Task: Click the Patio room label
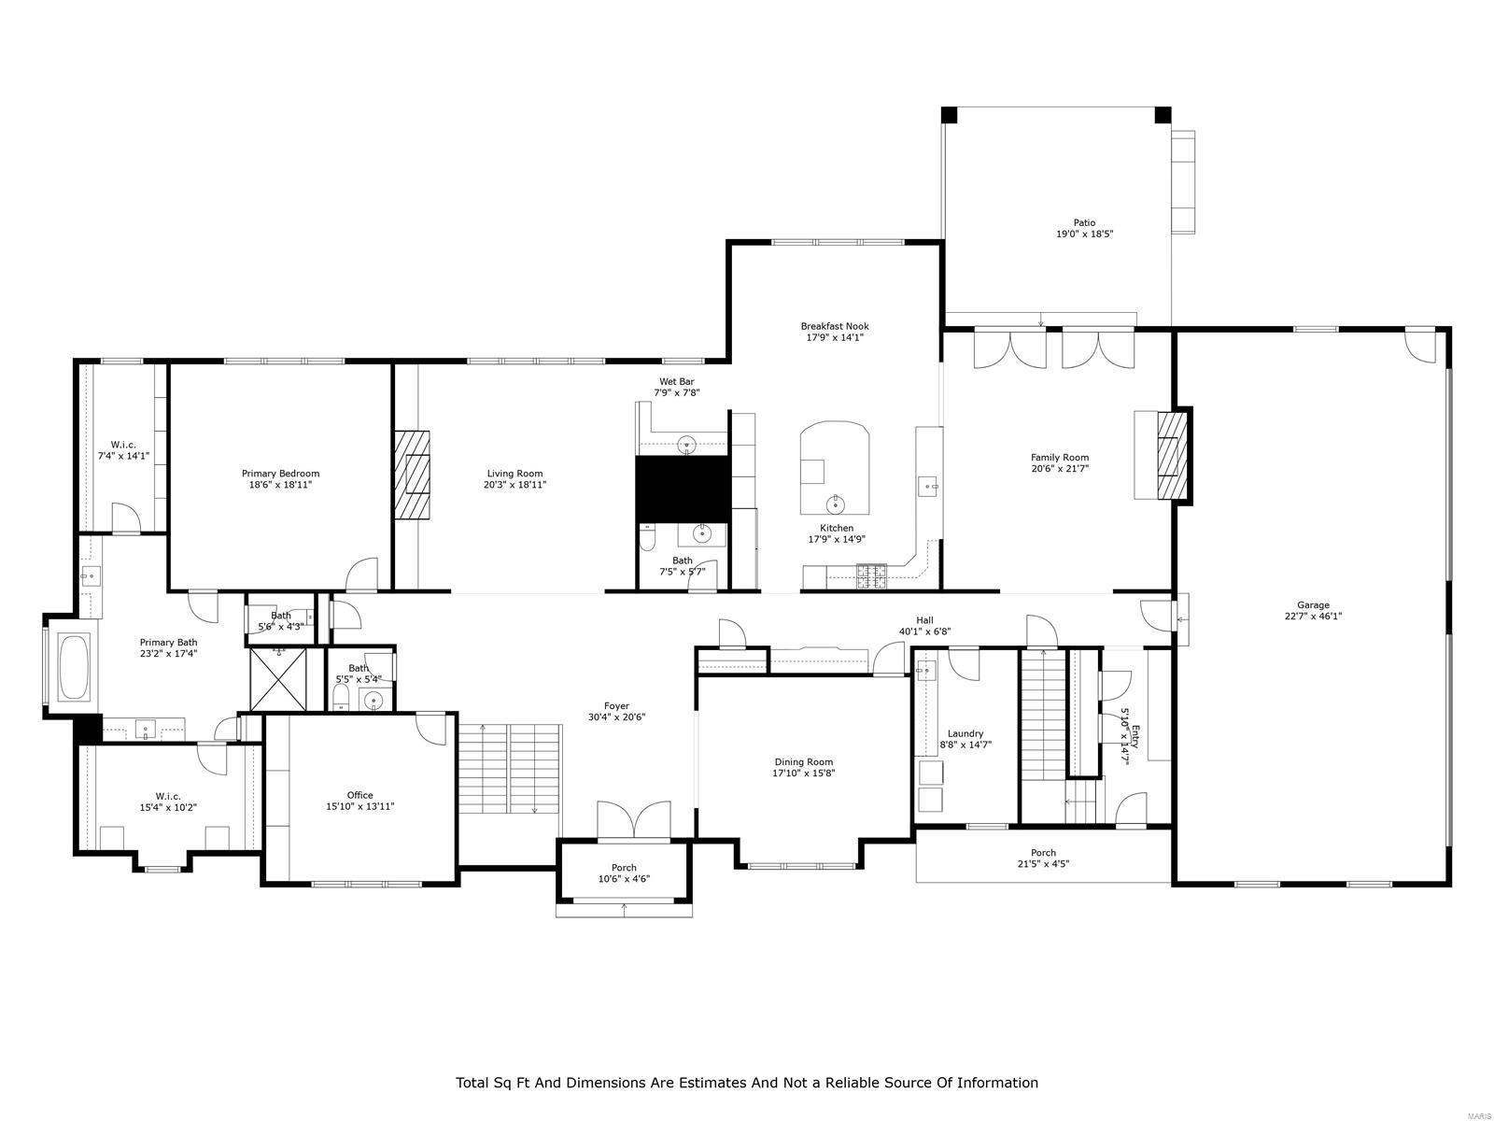pos(1084,222)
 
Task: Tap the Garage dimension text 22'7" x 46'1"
pos(1313,617)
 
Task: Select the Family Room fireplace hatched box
pos(1172,457)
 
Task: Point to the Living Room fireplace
pos(412,474)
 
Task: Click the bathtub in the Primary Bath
pos(74,667)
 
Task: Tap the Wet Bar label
pos(676,381)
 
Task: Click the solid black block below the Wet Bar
pos(682,485)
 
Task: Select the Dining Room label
pos(803,762)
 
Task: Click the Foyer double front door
pos(634,819)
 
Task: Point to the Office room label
pos(359,795)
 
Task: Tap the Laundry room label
pos(965,734)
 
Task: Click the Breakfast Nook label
pos(834,326)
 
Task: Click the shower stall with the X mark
pos(278,679)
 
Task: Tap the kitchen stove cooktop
pos(872,575)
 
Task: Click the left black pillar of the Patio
pos(949,115)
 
